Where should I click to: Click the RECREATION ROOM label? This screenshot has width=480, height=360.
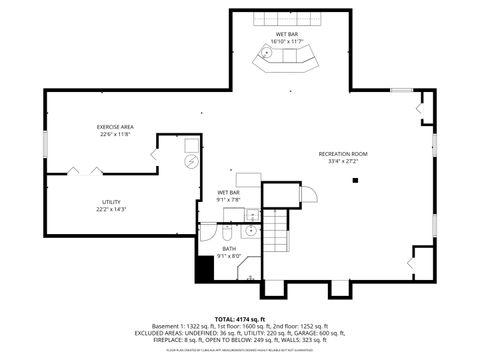coord(338,153)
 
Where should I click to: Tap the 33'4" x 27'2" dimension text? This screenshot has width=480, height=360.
coord(338,161)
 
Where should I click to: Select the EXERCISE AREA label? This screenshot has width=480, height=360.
coord(115,127)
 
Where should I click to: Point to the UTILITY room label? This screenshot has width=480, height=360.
coord(111,202)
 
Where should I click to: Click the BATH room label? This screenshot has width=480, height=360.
coord(229,248)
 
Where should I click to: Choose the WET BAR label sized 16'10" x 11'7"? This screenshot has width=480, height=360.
coord(286,34)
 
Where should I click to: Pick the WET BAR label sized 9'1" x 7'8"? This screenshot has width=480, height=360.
coord(229,192)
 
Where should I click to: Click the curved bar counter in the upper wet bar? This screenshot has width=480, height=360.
coord(286,63)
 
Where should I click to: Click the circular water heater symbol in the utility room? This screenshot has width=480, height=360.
coord(190,162)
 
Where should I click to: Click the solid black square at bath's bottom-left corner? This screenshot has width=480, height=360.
coord(205,267)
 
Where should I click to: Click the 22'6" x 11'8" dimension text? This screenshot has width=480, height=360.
coord(115,135)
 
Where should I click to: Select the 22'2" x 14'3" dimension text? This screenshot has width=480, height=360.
coord(111,209)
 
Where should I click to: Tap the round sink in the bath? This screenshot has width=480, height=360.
coord(253,215)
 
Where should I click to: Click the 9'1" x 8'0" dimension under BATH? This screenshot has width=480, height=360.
coord(229,256)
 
